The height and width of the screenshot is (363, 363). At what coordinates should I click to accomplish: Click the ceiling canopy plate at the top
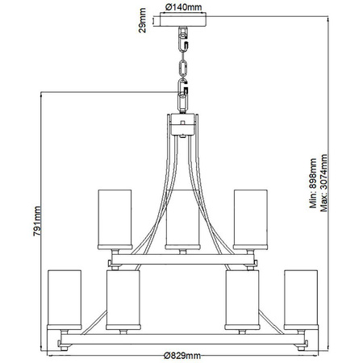point(181,23)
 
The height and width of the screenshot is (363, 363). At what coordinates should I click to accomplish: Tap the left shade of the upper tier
point(114,218)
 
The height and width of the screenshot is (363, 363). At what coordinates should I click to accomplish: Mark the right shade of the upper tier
point(250,218)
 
